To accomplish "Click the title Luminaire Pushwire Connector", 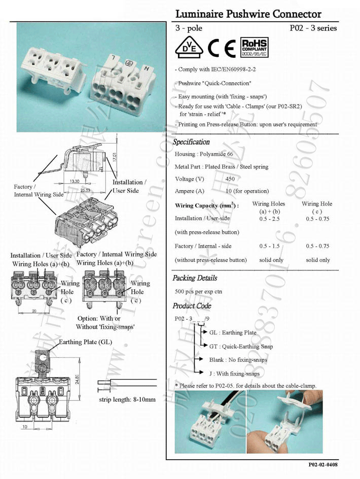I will click(x=248, y=14).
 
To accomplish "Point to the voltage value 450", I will click(x=230, y=179).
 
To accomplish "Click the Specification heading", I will click(x=191, y=142).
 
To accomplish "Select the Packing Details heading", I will click(x=195, y=278).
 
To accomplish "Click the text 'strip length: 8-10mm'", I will click(x=127, y=399).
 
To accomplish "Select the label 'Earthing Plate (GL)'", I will click(x=85, y=341).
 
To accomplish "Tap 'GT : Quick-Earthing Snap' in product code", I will click(x=241, y=346).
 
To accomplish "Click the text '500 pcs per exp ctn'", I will click(x=198, y=292).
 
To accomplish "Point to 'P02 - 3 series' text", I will click(x=313, y=28).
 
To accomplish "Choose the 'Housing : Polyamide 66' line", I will click(x=204, y=154).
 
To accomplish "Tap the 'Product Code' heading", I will click(x=192, y=306).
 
